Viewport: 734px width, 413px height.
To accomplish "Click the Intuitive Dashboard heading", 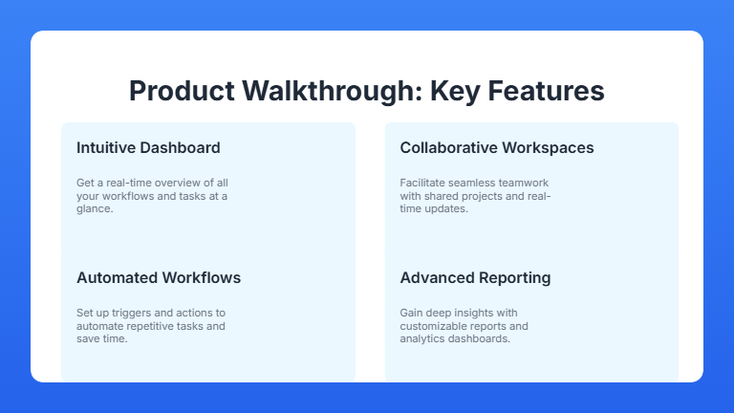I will [148, 147].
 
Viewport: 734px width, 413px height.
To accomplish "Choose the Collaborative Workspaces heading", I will [497, 147].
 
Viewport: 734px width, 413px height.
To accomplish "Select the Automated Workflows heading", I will [159, 277].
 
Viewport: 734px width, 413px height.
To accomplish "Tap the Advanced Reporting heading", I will [475, 277].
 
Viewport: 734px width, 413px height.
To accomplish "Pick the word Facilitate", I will [421, 182].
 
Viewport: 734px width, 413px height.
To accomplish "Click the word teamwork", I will [523, 182].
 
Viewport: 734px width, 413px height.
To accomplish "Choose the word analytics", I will [421, 338].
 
